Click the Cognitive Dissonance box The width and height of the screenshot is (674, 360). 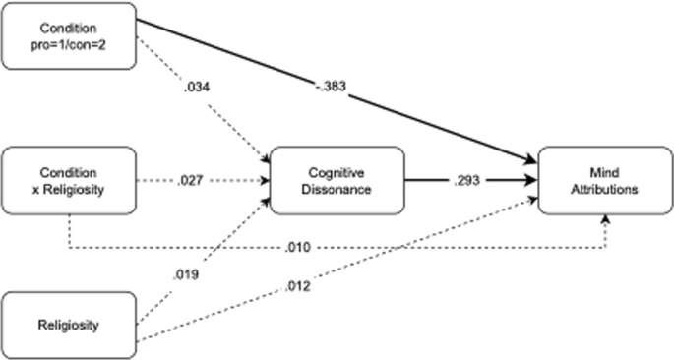(x=337, y=182)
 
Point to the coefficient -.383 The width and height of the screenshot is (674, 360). (x=329, y=88)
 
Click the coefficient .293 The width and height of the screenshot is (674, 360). (x=466, y=182)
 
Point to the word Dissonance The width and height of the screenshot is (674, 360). (x=337, y=190)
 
